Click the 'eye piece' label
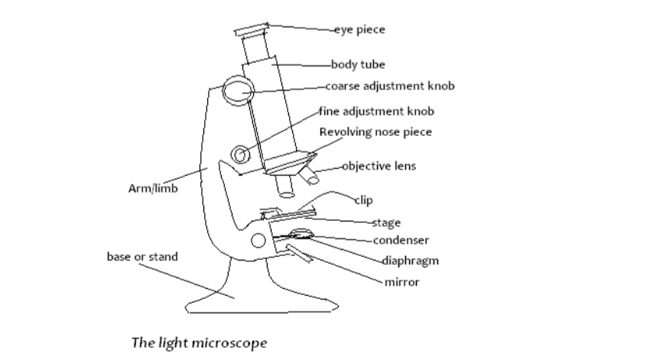pos(360,30)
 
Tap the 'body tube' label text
pos(358,64)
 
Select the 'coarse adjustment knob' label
pos(390,86)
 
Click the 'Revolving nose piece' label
pos(375,132)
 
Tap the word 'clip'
pos(364,201)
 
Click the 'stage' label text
pos(386,223)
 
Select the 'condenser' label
pos(401,240)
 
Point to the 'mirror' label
pos(402,282)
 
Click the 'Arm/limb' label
pos(153,189)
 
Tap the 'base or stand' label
pos(142,257)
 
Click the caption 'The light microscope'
pos(200,342)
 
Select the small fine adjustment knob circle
pos(242,155)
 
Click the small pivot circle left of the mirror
pos(259,242)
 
